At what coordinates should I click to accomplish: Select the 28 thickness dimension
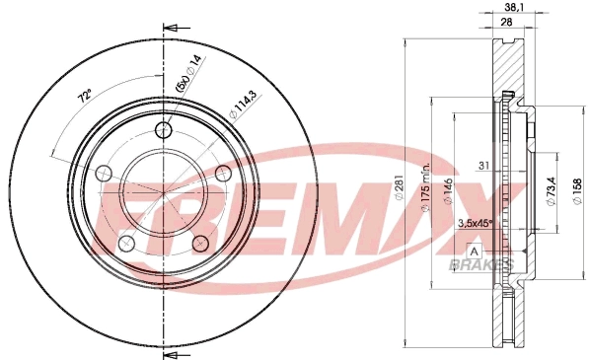[x=507, y=23]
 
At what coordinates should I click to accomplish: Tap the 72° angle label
[x=85, y=96]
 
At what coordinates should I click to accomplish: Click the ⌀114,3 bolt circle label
[x=244, y=105]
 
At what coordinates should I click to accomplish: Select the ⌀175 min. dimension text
[x=426, y=187]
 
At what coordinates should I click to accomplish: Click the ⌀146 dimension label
[x=449, y=191]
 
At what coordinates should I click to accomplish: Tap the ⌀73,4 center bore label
[x=551, y=191]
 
